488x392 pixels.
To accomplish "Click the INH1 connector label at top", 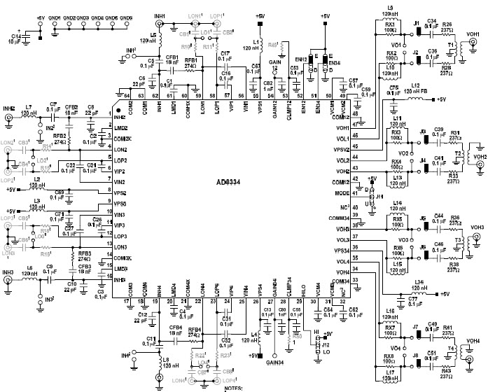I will pyautogui.click(x=160, y=15).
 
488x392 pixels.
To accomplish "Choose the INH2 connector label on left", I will pyautogui.click(x=8, y=108).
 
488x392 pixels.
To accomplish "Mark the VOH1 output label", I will pyautogui.click(x=473, y=34).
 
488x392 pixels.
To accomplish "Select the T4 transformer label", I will pyautogui.click(x=452, y=347).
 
